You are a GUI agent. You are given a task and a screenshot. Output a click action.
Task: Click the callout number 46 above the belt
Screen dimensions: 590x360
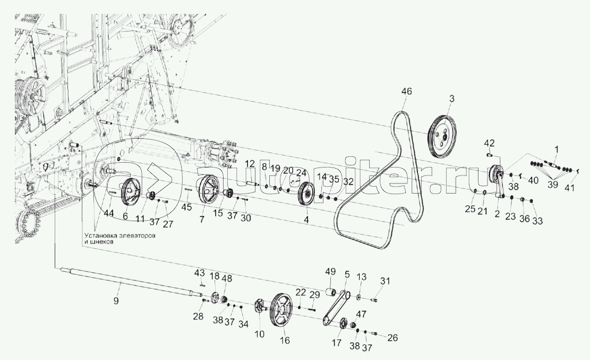click(406, 91)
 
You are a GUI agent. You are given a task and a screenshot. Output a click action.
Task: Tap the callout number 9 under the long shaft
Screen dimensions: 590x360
click(116, 301)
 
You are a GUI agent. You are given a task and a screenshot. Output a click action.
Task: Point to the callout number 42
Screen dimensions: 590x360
click(489, 143)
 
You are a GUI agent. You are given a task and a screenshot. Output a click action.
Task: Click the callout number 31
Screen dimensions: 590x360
click(386, 281)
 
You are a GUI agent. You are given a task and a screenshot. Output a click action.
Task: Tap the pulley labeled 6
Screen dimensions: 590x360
click(131, 192)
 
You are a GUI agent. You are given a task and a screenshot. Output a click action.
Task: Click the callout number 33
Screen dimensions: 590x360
click(537, 221)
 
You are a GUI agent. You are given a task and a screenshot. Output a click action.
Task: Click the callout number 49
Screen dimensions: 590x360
click(330, 271)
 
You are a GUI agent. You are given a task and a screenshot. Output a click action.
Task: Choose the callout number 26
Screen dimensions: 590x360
click(392, 338)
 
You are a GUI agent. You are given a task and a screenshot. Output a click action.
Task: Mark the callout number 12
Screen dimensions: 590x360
click(250, 164)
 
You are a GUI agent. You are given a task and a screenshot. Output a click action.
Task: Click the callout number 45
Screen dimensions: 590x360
click(186, 207)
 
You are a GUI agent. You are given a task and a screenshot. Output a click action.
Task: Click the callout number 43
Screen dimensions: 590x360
click(200, 273)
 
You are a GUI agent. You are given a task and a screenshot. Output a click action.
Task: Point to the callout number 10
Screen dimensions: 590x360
click(260, 334)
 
